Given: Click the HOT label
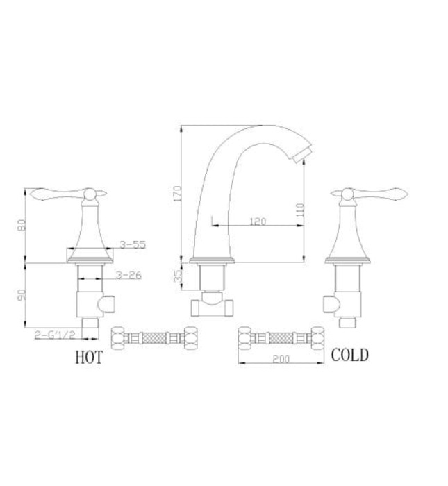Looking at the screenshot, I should click(88, 358).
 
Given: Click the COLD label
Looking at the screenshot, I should click(349, 355).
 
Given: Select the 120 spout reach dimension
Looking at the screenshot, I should click(258, 221).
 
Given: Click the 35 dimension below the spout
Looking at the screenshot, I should click(178, 276).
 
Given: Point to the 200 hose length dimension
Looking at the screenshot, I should click(281, 359).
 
